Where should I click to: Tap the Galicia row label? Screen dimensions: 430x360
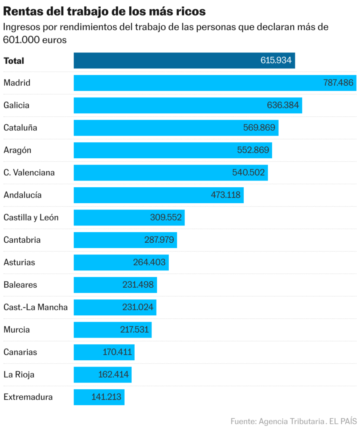click(16, 105)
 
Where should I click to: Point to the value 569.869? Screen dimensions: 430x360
click(259, 128)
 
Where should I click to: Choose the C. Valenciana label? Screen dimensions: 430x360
click(29, 173)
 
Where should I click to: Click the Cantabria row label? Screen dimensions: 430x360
click(22, 240)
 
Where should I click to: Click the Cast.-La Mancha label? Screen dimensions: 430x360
click(36, 307)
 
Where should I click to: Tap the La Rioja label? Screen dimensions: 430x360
click(19, 375)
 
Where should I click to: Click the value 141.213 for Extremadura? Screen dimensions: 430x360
click(107, 397)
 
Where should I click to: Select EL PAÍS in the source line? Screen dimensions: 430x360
click(343, 421)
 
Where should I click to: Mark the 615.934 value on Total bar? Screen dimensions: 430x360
click(276, 60)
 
